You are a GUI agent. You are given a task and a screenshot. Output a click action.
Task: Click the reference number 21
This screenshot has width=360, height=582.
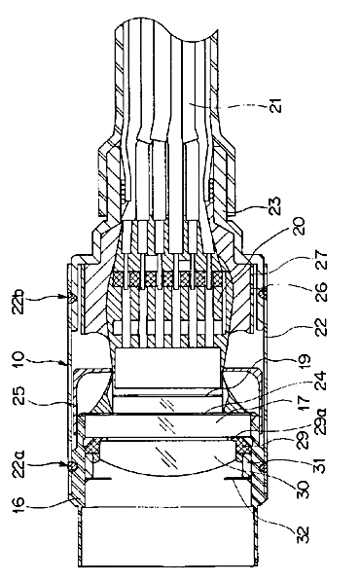[x=276, y=106]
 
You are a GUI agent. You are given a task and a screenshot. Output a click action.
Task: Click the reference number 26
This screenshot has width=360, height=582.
[x=321, y=293]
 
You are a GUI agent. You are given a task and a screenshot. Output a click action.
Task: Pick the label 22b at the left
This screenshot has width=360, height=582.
[x=19, y=300]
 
